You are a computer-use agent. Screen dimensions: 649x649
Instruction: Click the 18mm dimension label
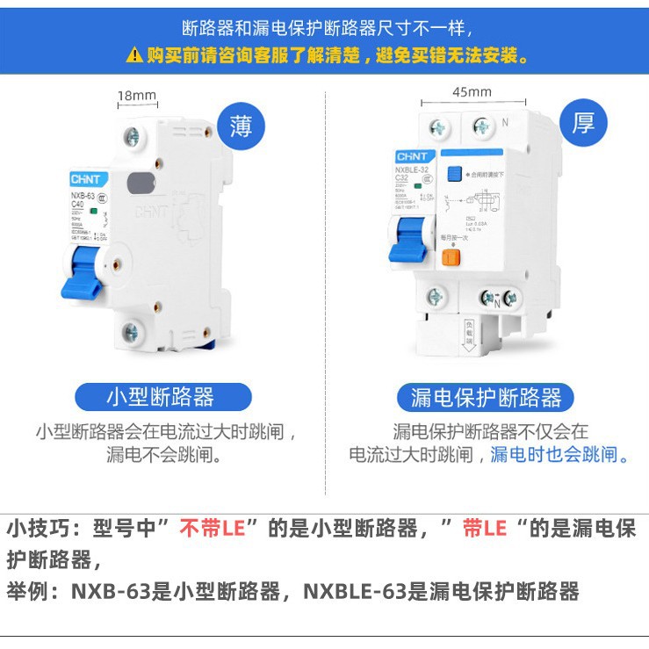(136, 96)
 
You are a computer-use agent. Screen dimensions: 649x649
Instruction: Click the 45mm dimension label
(472, 91)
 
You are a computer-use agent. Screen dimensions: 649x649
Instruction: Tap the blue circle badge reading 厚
(583, 122)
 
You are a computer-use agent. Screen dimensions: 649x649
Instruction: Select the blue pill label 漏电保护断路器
(486, 397)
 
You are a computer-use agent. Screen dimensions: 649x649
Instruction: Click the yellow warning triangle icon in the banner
(133, 56)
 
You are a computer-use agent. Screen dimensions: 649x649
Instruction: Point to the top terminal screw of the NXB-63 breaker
(132, 137)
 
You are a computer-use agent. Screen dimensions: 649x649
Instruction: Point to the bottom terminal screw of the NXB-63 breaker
(131, 332)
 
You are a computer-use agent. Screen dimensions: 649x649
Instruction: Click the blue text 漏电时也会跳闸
(559, 454)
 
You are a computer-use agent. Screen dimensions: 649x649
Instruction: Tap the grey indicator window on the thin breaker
(139, 183)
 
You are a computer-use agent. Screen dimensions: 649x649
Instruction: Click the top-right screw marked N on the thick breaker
(481, 126)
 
